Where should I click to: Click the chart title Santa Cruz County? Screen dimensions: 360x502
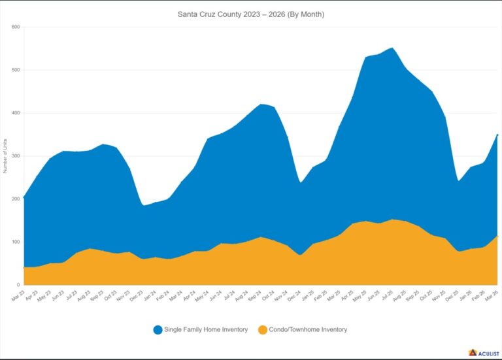[251, 14]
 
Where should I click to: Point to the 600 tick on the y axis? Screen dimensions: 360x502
[16, 27]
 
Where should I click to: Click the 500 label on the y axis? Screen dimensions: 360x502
[16, 70]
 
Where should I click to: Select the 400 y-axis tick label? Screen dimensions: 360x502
[16, 113]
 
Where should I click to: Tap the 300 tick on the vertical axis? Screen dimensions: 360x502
[16, 156]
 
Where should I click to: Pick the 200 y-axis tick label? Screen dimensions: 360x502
[16, 199]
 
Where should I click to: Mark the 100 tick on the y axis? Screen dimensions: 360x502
[16, 242]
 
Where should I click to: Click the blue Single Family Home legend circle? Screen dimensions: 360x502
[158, 330]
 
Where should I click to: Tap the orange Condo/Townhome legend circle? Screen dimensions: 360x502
[262, 330]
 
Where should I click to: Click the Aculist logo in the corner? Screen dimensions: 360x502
[483, 353]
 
